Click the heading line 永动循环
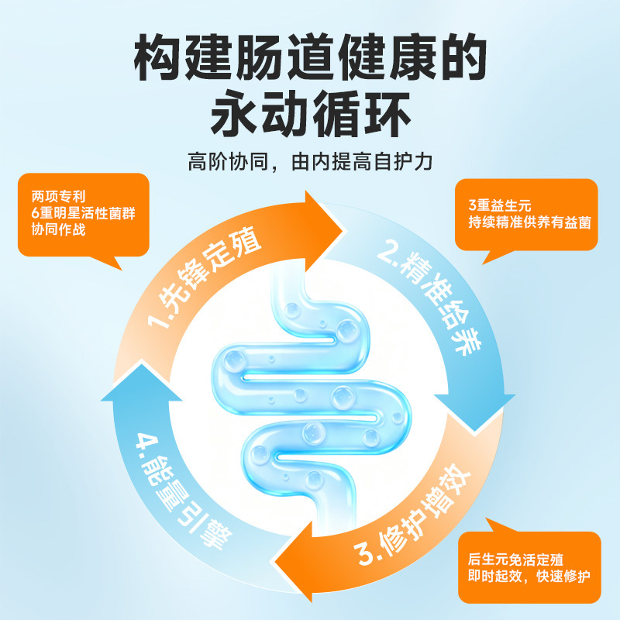click(311, 114)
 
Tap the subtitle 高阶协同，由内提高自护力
click(311, 162)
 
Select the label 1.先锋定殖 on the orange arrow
click(204, 277)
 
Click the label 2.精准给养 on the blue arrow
click(430, 301)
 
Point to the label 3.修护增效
click(412, 514)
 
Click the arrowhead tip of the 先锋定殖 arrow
click(343, 231)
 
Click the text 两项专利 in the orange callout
click(59, 197)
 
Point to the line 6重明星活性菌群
click(84, 213)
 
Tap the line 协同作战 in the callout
click(59, 229)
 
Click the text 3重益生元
click(500, 205)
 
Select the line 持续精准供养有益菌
click(530, 222)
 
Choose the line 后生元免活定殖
click(515, 560)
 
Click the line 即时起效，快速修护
click(529, 576)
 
